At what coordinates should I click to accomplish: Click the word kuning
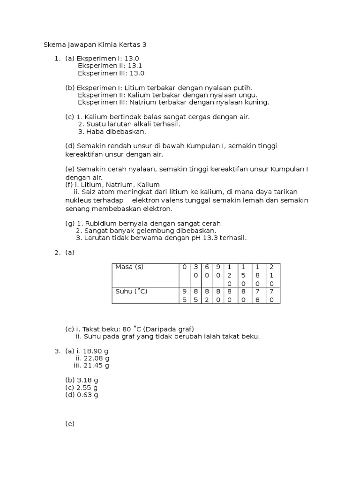258,102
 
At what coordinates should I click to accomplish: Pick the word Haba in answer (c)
95,131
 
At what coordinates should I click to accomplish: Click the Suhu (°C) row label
132,291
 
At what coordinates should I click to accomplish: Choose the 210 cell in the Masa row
271,275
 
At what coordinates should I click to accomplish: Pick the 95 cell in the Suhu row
184,295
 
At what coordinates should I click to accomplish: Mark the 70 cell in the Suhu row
271,295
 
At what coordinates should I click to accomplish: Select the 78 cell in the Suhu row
257,295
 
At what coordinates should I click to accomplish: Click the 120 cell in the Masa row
230,275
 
